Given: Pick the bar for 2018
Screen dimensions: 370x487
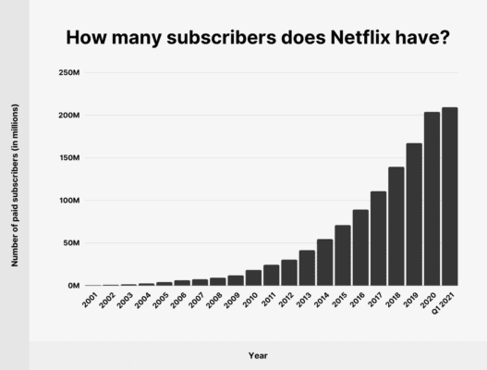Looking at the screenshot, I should [396, 227].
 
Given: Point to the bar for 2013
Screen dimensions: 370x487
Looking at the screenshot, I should [307, 268].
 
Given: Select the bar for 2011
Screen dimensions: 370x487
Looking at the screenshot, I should [271, 276].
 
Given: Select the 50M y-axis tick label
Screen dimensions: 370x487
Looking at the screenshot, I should [71, 243].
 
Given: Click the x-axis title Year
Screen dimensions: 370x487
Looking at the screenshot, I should [260, 354].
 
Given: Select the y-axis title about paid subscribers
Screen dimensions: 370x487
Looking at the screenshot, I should [16, 185].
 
